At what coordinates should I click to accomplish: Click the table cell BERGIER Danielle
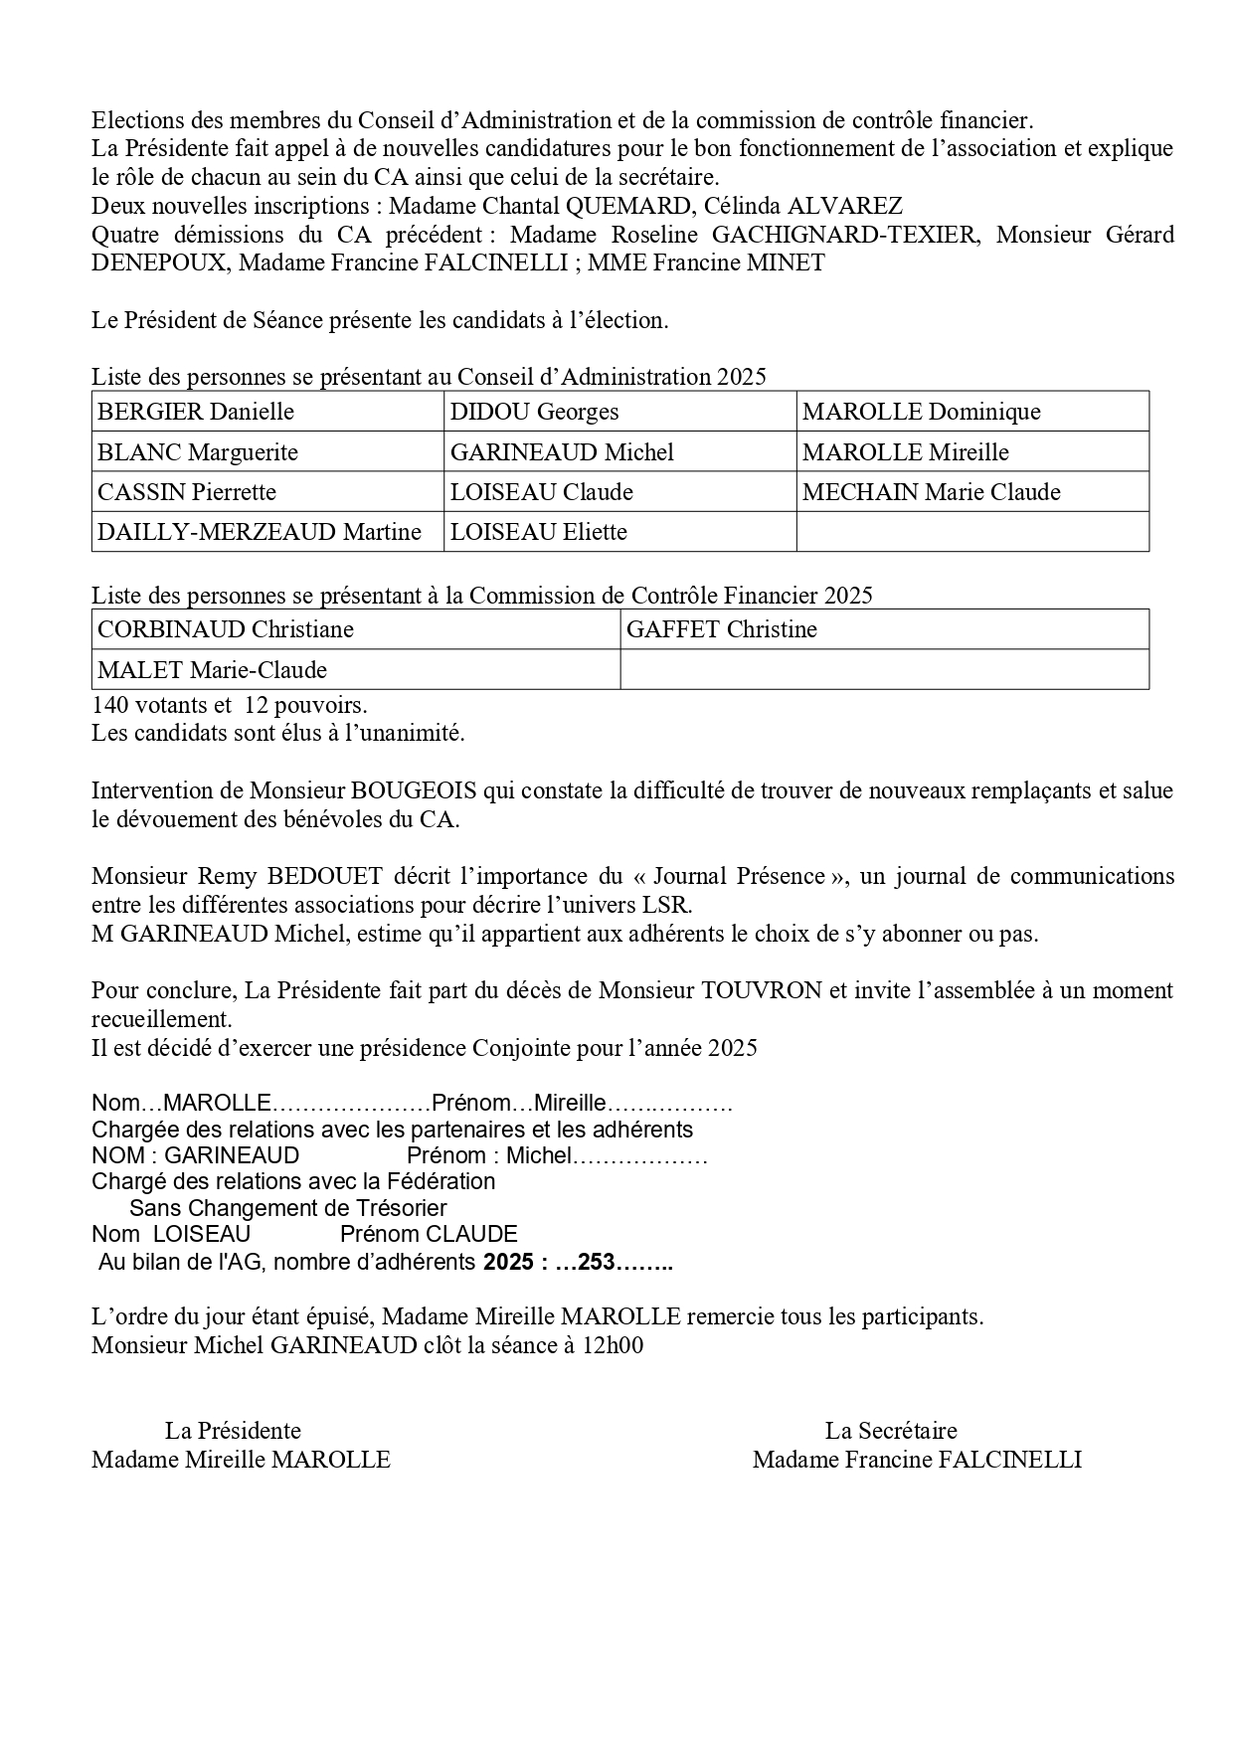[267, 412]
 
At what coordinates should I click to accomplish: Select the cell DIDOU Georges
[619, 412]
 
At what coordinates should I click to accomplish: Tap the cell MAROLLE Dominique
[971, 412]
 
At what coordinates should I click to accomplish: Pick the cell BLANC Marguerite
[267, 452]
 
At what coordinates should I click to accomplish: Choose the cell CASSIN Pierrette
[267, 492]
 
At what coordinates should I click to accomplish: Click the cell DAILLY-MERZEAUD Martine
[267, 532]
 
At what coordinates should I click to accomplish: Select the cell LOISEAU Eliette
[619, 532]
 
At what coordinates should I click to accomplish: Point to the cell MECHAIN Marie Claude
[971, 492]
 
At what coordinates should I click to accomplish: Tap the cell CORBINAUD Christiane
[356, 629]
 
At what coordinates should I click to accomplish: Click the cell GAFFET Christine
[884, 629]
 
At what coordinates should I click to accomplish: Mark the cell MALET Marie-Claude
[356, 670]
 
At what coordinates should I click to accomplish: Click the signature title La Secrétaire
[891, 1431]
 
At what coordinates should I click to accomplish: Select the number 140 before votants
[109, 706]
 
